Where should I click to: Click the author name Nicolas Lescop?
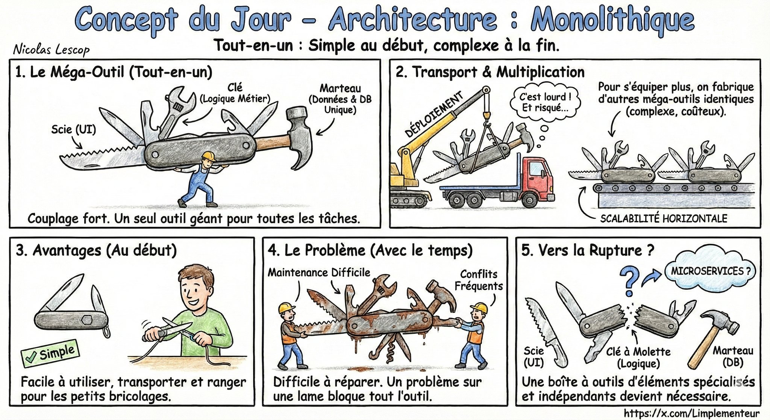coord(51,49)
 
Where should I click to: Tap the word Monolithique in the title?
coord(612,21)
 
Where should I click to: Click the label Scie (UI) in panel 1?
coord(73,130)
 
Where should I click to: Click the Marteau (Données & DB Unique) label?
coord(340,99)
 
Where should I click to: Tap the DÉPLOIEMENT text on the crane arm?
coord(434,115)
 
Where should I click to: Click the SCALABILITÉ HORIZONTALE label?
coord(663,218)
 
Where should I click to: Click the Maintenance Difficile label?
coord(319,273)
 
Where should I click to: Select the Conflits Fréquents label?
coord(478,280)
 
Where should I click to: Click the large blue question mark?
coord(629,281)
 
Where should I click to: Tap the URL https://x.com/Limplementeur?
coord(691,413)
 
